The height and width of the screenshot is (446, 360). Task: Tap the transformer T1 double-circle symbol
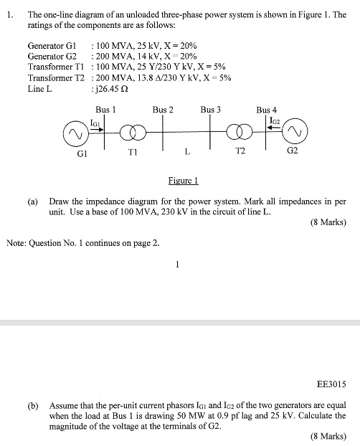tap(133, 133)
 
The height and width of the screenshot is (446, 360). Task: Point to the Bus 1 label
tap(105, 110)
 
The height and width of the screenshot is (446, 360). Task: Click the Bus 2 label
tap(163, 110)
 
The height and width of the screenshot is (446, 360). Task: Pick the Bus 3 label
tap(211, 110)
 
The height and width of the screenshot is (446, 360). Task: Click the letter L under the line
tap(187, 151)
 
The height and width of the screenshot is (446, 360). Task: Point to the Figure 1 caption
tap(184, 181)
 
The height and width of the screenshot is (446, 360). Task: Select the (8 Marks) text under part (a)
tap(328, 222)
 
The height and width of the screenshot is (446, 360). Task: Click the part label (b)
tap(33, 405)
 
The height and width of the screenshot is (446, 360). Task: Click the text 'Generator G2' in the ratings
tap(52, 55)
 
